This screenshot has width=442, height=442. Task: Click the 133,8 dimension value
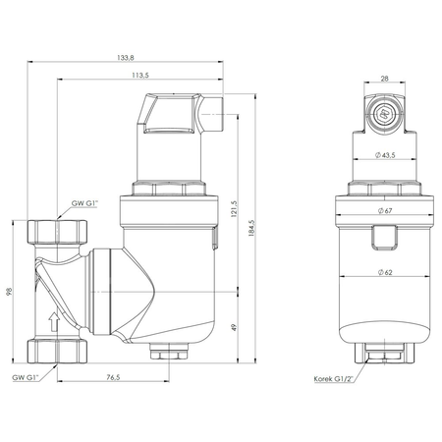[140, 58]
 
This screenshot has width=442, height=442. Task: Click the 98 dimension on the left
[11, 292]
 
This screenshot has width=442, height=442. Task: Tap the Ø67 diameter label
[385, 212]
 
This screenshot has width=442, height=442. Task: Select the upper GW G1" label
[84, 203]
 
